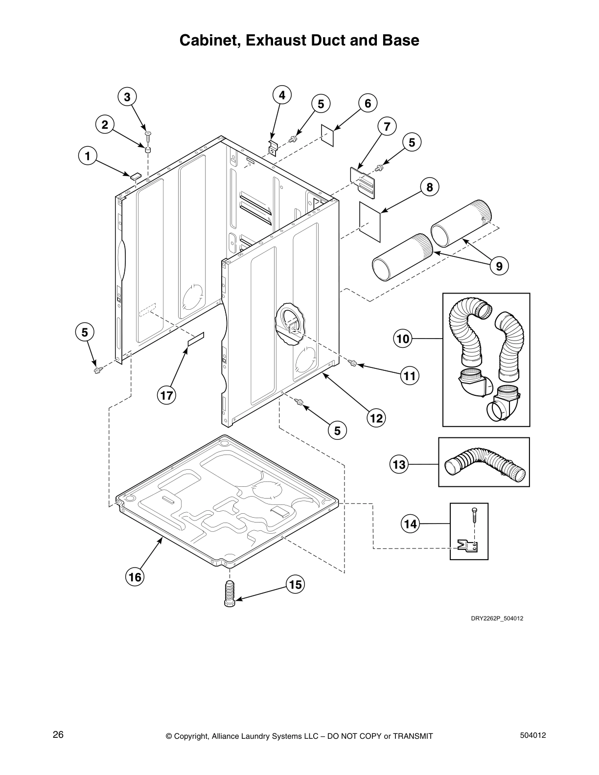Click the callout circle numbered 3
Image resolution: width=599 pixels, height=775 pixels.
click(127, 97)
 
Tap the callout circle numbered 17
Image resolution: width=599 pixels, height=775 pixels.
click(166, 395)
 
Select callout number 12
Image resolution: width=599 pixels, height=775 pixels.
click(376, 418)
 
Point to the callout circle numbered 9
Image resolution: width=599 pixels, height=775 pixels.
click(499, 266)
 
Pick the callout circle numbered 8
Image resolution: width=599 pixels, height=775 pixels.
click(430, 187)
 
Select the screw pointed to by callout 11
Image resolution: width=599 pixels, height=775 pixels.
click(353, 363)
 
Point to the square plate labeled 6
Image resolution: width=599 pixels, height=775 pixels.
click(327, 135)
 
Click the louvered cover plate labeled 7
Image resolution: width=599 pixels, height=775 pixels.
click(363, 182)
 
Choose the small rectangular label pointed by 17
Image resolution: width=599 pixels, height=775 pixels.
click(196, 339)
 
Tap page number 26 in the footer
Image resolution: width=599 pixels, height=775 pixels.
click(58, 734)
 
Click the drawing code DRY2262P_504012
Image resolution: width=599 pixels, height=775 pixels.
click(497, 618)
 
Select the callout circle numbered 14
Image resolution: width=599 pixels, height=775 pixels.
click(410, 524)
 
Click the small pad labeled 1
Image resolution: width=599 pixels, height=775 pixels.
click(135, 175)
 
